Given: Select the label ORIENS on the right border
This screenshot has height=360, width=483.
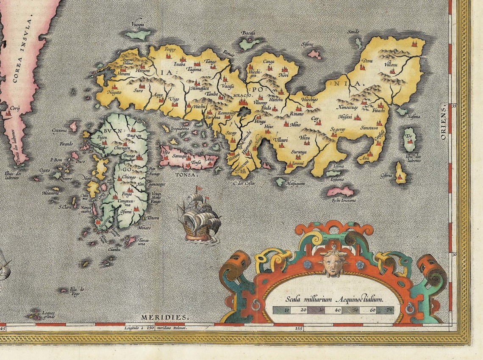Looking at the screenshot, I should coord(443,123).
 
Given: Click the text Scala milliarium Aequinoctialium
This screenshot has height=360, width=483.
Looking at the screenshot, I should coord(334,299).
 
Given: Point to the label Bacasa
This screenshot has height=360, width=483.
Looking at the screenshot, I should coord(248,33).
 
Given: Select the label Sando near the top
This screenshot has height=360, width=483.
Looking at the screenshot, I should coord(353,32).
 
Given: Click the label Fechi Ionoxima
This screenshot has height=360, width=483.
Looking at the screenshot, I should coord(344,200).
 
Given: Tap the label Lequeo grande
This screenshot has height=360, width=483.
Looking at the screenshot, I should coord(48,315).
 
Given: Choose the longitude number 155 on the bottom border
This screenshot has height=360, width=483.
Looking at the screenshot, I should coord(299,328).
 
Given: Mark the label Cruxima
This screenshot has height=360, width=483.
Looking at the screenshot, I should coord(60,130).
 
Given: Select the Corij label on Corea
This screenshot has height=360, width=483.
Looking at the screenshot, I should coord(15,108).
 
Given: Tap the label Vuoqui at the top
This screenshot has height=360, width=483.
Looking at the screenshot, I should coord(138,25).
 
